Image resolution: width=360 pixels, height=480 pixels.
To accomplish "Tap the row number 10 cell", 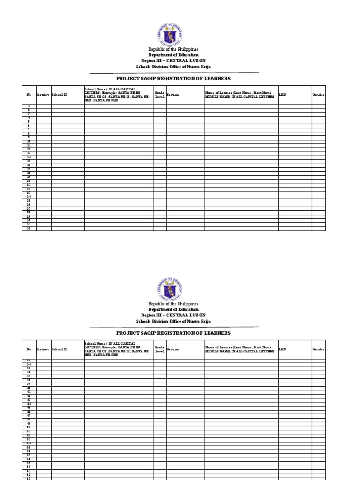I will click(29, 141).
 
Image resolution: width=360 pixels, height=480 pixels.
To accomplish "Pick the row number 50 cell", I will click(29, 427).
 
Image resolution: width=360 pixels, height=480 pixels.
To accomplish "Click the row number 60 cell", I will click(29, 467).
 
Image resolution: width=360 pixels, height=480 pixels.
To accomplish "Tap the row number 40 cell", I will click(29, 388).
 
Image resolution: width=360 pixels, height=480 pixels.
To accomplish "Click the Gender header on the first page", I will click(318, 95).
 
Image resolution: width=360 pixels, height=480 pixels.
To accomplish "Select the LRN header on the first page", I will click(283, 95).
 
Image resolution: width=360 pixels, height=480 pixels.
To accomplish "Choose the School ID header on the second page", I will click(60, 349).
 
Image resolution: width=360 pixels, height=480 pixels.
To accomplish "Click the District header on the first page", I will click(43, 95).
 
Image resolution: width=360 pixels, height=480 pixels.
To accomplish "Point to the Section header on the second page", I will click(173, 349).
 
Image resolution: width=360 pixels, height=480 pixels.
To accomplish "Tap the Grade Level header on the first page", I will click(159, 95).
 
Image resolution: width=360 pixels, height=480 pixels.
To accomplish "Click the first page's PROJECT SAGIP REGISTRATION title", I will click(173, 78).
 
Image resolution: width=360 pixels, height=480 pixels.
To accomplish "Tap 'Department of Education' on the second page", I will click(173, 309).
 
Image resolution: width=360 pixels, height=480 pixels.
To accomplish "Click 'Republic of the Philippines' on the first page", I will click(173, 49).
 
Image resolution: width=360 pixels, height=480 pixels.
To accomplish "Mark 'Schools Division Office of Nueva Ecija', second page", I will click(173, 321).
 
